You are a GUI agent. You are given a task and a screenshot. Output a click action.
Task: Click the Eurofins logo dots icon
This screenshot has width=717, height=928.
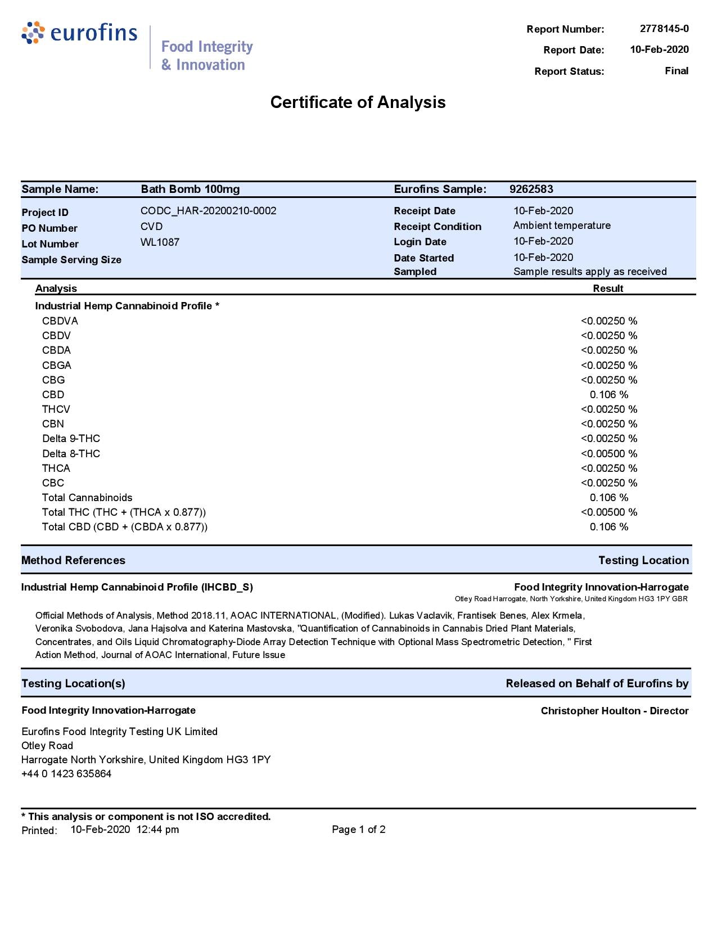pos(33,33)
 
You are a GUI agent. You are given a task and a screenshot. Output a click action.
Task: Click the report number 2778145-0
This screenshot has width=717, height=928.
pos(664,29)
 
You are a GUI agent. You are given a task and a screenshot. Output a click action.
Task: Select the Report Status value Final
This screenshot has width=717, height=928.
pos(676,71)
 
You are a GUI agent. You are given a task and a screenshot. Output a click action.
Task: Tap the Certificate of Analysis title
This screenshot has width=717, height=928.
pos(358,102)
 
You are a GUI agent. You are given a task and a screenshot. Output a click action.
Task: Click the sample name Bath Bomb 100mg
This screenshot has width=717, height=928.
pos(190,190)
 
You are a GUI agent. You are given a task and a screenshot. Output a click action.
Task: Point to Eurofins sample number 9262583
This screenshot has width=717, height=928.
pos(531,190)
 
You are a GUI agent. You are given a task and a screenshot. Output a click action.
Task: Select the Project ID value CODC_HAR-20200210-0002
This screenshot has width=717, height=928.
pos(208,211)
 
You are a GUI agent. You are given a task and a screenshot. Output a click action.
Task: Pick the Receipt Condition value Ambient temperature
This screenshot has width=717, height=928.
pos(561,226)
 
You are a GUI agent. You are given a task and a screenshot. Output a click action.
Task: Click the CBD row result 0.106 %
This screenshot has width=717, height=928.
pos(608,395)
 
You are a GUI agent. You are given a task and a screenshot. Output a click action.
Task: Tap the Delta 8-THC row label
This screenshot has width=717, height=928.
pos(71,454)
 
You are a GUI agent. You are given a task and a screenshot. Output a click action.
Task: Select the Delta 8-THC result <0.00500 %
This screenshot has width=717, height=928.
pos(608,454)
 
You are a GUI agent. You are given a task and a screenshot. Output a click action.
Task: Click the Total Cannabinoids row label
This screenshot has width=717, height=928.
pos(87,498)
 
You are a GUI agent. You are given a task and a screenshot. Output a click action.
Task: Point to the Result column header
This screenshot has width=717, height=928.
pos(608,289)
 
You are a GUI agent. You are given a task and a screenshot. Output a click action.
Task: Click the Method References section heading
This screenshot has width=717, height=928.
pos(73,560)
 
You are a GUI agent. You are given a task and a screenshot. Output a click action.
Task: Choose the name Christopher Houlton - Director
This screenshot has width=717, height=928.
pos(614,711)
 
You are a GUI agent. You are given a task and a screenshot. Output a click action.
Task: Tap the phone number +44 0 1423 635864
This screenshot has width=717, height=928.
pos(66,774)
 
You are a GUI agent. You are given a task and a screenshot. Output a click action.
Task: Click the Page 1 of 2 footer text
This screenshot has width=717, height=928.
pos(358,830)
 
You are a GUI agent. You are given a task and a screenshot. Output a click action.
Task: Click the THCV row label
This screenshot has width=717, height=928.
pos(56,409)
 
